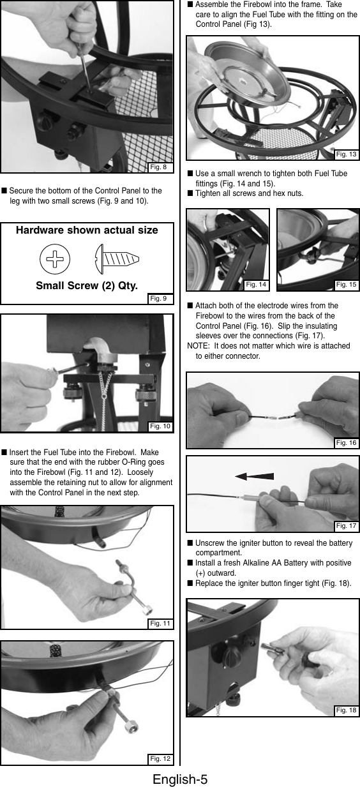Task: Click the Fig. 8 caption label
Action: pos(158,167)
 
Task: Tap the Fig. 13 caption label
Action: pos(346,154)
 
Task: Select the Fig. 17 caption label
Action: pos(346,525)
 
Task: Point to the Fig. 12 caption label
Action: pos(160,759)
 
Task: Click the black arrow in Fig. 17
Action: pos(254,476)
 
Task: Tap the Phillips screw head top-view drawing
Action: pos(55,259)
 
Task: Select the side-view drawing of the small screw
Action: pos(117,259)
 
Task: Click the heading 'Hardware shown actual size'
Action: pos(87,230)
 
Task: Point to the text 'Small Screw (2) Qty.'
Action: pos(87,286)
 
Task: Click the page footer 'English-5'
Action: pos(180,779)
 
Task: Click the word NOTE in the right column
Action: pos(198,346)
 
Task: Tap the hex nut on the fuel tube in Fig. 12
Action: pos(131,729)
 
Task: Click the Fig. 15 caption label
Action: pos(346,285)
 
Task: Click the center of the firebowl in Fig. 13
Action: pos(243,82)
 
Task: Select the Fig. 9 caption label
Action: pos(158,299)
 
